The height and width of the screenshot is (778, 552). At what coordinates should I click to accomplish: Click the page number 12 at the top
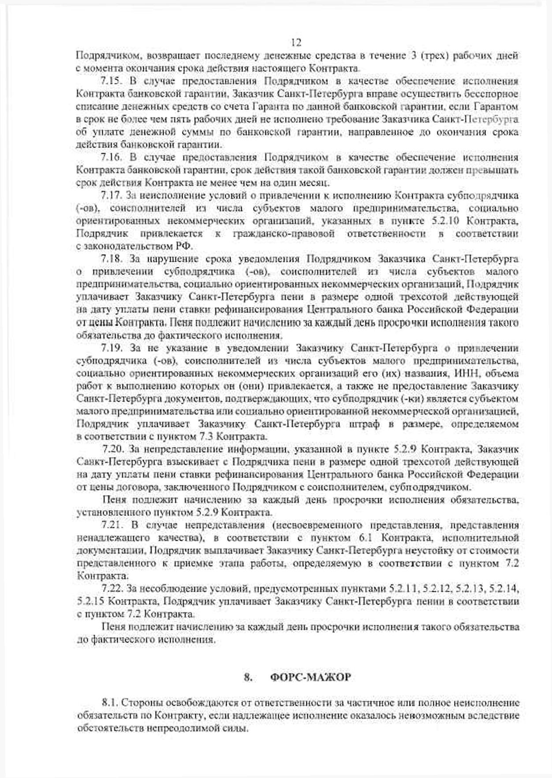[296, 42]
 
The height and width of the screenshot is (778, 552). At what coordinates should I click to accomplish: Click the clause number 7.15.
[110, 81]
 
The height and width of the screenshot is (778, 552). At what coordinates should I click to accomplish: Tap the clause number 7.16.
[110, 158]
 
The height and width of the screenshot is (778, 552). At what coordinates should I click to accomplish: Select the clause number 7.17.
[110, 195]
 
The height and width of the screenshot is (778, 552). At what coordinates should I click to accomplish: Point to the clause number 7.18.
[110, 259]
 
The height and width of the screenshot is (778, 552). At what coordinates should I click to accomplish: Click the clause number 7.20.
[112, 449]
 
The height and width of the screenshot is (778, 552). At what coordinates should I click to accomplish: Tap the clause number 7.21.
[110, 525]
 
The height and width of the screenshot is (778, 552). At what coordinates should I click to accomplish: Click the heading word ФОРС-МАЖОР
[310, 677]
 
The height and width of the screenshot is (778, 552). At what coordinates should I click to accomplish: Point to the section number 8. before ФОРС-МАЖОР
[248, 677]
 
